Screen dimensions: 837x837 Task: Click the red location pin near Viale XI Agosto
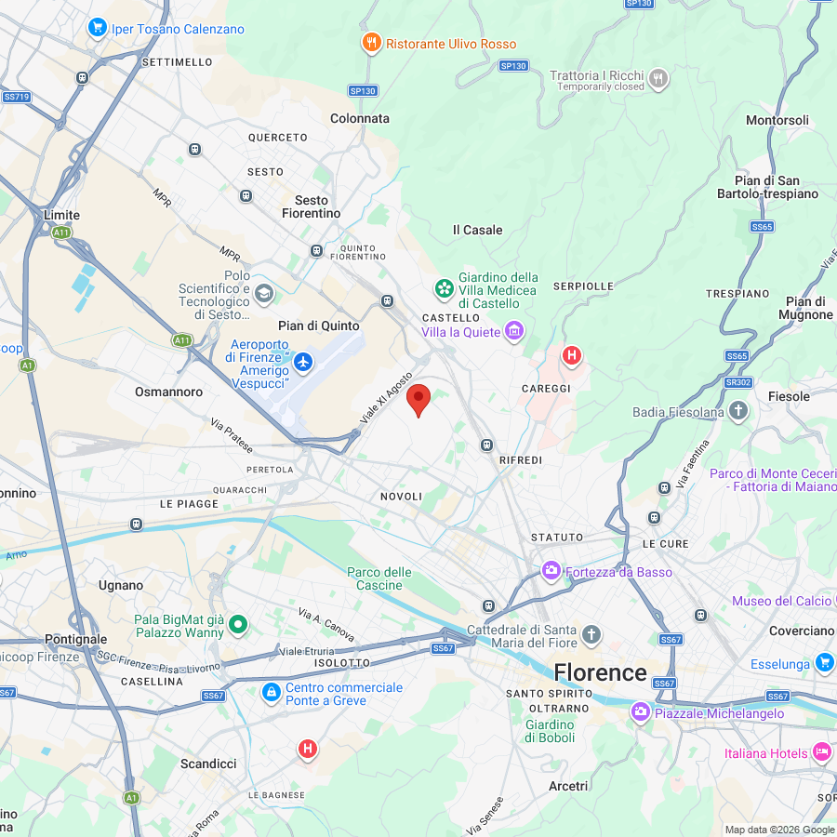point(419,399)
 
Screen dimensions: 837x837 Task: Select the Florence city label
point(600,672)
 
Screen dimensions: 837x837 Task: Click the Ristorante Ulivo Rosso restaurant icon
point(371,43)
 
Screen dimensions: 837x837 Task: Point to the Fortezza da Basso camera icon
point(551,570)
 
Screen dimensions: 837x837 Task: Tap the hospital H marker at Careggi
point(572,355)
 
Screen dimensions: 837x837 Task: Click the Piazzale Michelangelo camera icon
point(640,713)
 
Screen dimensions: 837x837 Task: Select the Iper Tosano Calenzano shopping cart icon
point(97,28)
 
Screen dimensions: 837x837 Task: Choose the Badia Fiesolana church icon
point(738,411)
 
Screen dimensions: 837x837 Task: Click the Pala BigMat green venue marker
point(238,625)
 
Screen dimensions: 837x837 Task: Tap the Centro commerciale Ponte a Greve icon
point(271,693)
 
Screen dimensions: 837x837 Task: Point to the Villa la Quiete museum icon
point(513,331)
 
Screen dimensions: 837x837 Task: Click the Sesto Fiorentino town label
point(312,206)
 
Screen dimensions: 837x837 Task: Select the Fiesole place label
point(789,396)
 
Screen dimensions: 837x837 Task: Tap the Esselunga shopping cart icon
point(823,663)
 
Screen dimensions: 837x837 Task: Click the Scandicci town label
point(208,764)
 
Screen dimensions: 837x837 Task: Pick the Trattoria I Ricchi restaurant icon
point(658,78)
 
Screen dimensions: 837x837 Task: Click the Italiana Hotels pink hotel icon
point(821,751)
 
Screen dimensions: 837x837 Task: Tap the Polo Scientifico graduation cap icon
point(264,294)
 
